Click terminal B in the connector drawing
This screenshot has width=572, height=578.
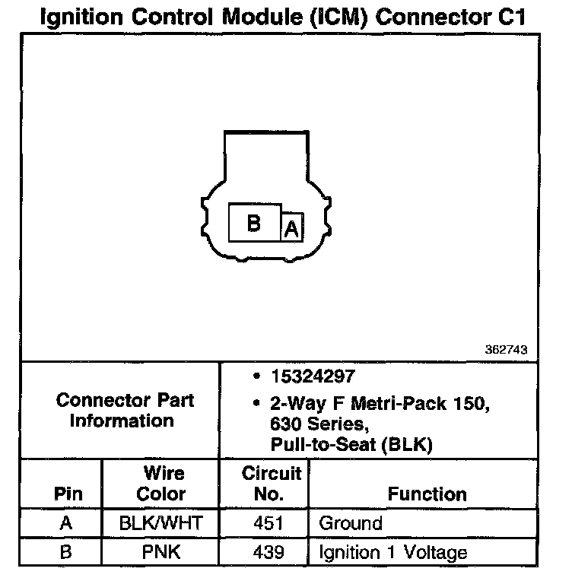pyautogui.click(x=254, y=224)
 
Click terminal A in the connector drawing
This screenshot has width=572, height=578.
pyautogui.click(x=292, y=229)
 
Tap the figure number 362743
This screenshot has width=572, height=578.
pyautogui.click(x=506, y=351)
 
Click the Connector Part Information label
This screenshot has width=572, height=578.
pyautogui.click(x=126, y=410)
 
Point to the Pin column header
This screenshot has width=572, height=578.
pyautogui.click(x=68, y=494)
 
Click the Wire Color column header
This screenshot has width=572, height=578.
pyautogui.click(x=161, y=483)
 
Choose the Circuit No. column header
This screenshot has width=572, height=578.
pyautogui.click(x=272, y=483)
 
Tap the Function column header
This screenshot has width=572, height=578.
pyautogui.click(x=427, y=494)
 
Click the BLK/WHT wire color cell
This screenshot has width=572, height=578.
pyautogui.click(x=161, y=523)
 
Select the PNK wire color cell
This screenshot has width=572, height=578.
pyautogui.click(x=161, y=551)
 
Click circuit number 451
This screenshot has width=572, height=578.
pyautogui.click(x=272, y=523)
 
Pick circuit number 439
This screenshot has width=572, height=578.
pyautogui.click(x=272, y=551)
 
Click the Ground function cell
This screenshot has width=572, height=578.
pyautogui.click(x=350, y=523)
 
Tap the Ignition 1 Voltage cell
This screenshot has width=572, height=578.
pyautogui.click(x=392, y=551)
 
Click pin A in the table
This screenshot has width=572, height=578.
pyautogui.click(x=66, y=523)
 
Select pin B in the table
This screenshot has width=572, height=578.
pyautogui.click(x=66, y=551)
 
